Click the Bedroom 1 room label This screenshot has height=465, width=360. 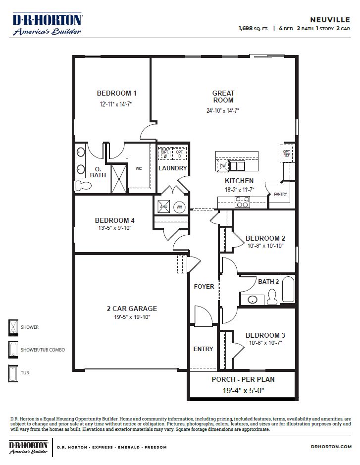pyautogui.click(x=116, y=93)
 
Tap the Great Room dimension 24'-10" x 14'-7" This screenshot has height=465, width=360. pyautogui.click(x=223, y=111)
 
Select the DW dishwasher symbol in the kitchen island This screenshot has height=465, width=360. pyautogui.click(x=223, y=165)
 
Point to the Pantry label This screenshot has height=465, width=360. pyautogui.click(x=280, y=195)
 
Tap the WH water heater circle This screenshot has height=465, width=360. pyautogui.click(x=180, y=207)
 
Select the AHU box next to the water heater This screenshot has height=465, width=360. pyautogui.click(x=164, y=207)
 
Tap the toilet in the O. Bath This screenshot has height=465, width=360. pyautogui.click(x=85, y=185)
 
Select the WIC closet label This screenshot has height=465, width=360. pyautogui.click(x=139, y=169)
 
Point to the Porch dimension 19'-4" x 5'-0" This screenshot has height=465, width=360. pyautogui.click(x=243, y=390)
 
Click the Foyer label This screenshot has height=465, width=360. pyautogui.click(x=204, y=287)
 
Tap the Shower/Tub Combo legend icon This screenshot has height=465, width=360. pyautogui.click(x=13, y=349)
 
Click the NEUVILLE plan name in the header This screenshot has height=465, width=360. pyautogui.click(x=330, y=20)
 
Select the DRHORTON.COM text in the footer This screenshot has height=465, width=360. pyautogui.click(x=332, y=447)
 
